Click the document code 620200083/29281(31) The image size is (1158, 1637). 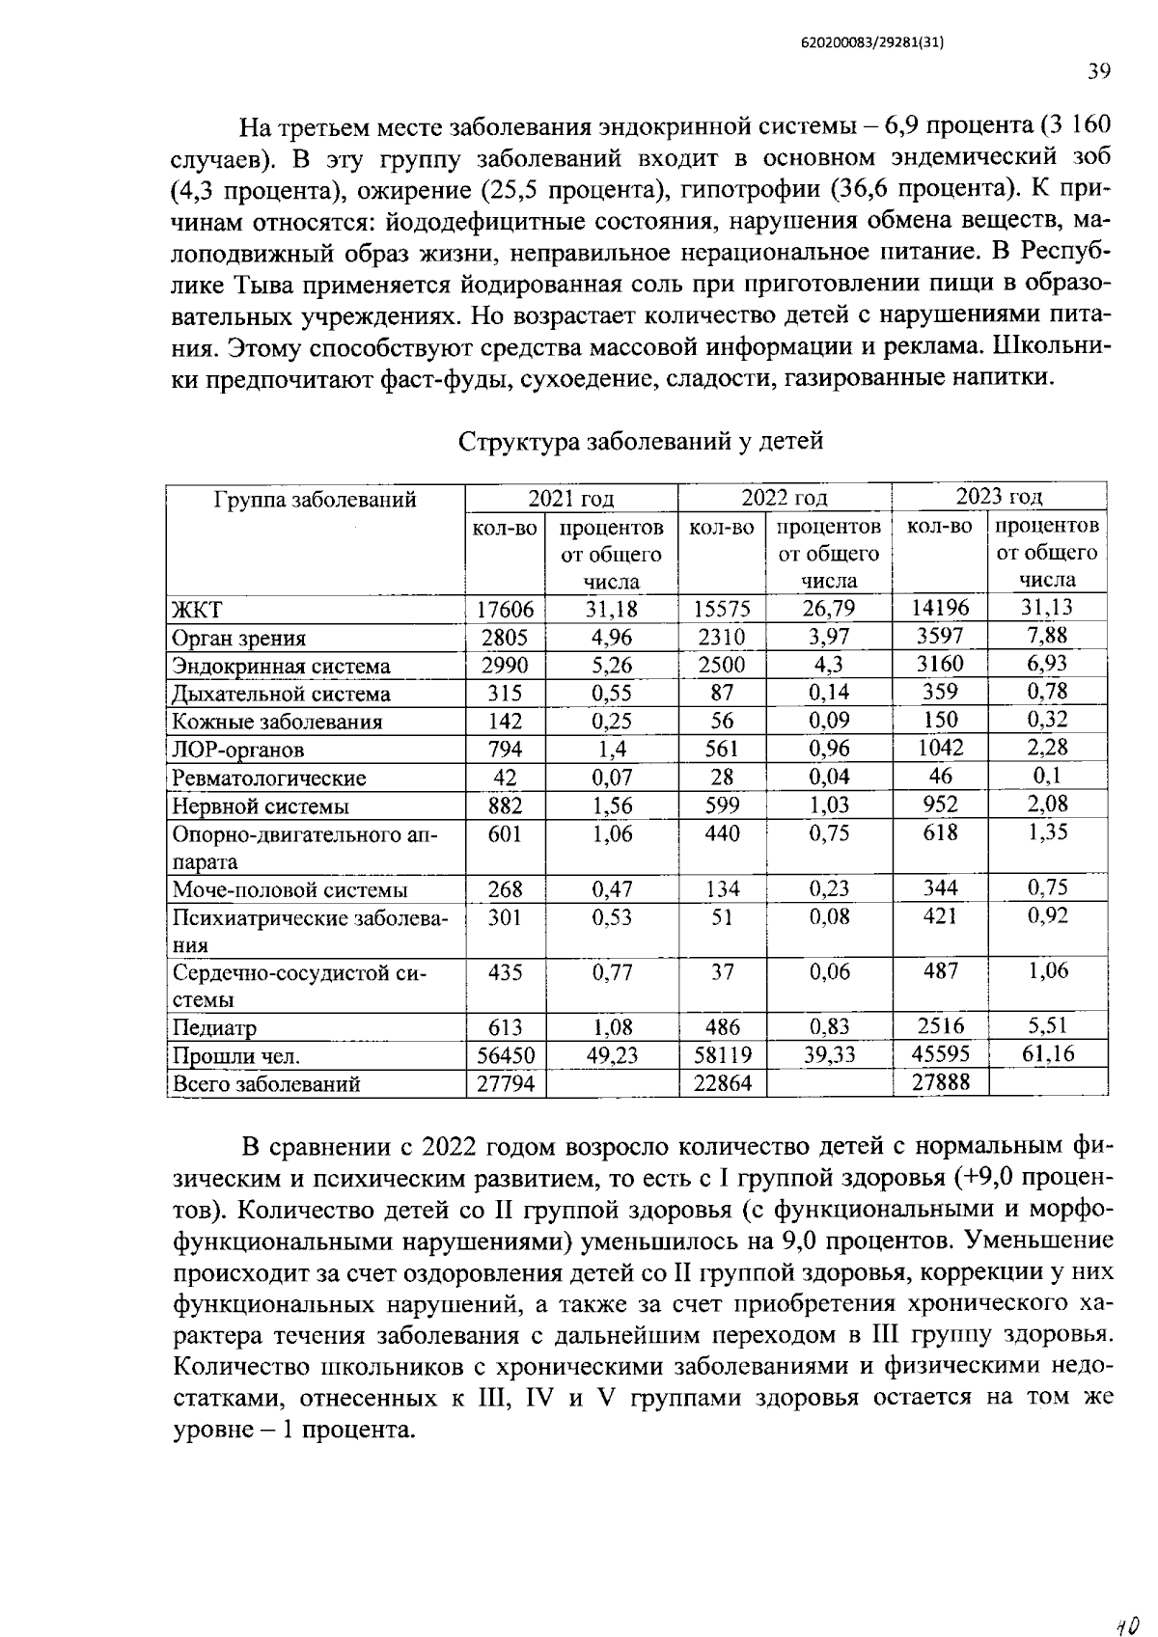point(870,42)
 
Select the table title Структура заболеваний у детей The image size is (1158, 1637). point(641,442)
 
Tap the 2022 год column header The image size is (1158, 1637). point(784,498)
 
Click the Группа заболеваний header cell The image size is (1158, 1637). point(316,500)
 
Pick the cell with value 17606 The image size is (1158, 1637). point(506,610)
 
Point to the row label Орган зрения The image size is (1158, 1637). point(239,638)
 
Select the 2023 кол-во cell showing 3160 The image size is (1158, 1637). point(940,664)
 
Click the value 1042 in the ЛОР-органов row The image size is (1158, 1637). point(940,748)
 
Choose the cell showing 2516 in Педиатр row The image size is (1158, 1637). point(940,1026)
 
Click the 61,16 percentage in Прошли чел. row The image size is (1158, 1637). point(1048,1053)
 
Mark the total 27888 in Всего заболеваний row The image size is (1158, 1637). point(940,1082)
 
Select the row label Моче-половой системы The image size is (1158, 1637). point(289,889)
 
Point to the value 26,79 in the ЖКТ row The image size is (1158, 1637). point(829,610)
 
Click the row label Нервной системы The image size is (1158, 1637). point(261,806)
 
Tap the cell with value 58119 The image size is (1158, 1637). point(722,1054)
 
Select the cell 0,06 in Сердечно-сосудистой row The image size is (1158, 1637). point(829,972)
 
